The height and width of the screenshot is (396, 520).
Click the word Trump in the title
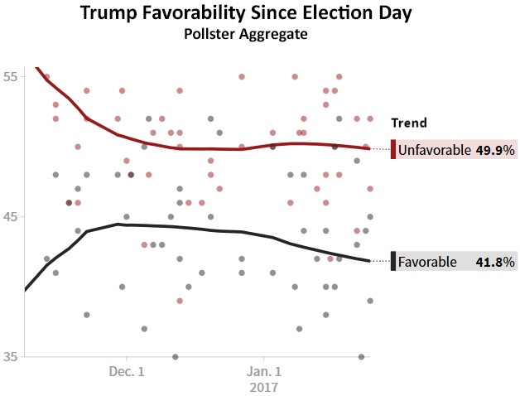coord(113,14)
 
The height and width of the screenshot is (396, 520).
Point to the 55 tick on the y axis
coord(12,75)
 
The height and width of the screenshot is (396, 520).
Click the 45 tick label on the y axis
coord(12,216)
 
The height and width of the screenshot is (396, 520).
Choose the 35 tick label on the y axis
coord(12,357)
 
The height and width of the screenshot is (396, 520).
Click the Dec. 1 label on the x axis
coord(127,371)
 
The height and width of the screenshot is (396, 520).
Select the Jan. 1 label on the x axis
coord(264,371)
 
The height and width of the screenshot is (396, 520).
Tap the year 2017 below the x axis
coord(264,387)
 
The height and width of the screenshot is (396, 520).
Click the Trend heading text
coord(409,123)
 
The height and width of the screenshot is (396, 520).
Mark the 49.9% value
coord(495,150)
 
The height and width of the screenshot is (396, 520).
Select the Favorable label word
coord(427,262)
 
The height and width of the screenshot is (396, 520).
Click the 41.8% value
coord(495,262)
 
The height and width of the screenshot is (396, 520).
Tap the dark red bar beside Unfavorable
coord(393,150)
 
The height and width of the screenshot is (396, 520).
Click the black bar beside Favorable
coord(393,262)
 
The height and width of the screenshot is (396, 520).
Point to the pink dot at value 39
coord(180,301)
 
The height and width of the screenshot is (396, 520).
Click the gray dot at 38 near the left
coord(86,315)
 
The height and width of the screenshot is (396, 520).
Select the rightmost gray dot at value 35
coord(361,357)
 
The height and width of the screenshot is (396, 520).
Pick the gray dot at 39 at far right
coord(370,301)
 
